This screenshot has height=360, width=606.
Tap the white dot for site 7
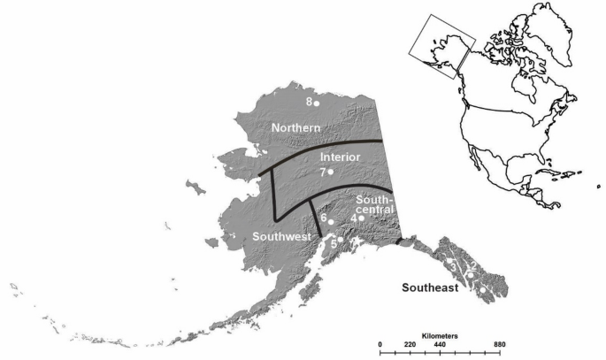tap(331, 172)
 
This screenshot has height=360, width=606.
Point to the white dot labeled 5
tap(340, 239)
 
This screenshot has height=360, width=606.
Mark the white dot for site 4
tap(361, 218)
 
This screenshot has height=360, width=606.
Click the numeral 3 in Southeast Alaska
tap(453, 264)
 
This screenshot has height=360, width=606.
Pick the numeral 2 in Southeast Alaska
tap(474, 265)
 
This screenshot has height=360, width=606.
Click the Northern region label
tap(295, 128)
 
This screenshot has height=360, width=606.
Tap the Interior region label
tap(341, 157)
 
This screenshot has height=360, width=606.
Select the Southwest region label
tap(280, 237)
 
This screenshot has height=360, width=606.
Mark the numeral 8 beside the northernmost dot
tap(308, 102)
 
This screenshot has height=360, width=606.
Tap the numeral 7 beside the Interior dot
tap(323, 172)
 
